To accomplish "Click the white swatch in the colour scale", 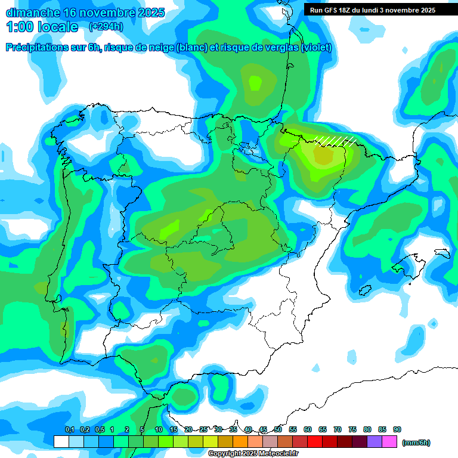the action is point(61,441).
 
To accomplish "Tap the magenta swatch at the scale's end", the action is point(389,441).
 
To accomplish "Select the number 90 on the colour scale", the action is point(397,429).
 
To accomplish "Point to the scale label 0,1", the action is point(70,429).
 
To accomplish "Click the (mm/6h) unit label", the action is point(416,442).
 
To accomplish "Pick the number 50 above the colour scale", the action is point(278,429).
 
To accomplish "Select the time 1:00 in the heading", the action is point(20,27).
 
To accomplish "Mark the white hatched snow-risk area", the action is point(336,141).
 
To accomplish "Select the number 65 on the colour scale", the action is point(323,429).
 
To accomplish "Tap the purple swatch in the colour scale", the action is point(375,441).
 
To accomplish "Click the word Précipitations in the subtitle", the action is point(37,48).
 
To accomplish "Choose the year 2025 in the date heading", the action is point(148,13).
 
